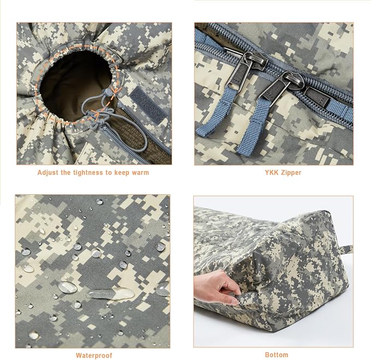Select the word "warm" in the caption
click(140, 173)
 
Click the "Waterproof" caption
click(94, 356)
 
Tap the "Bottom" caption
click(276, 355)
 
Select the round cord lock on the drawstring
click(108, 92)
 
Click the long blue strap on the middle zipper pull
click(252, 128)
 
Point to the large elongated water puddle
click(111, 294)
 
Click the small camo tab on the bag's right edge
click(346, 249)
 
